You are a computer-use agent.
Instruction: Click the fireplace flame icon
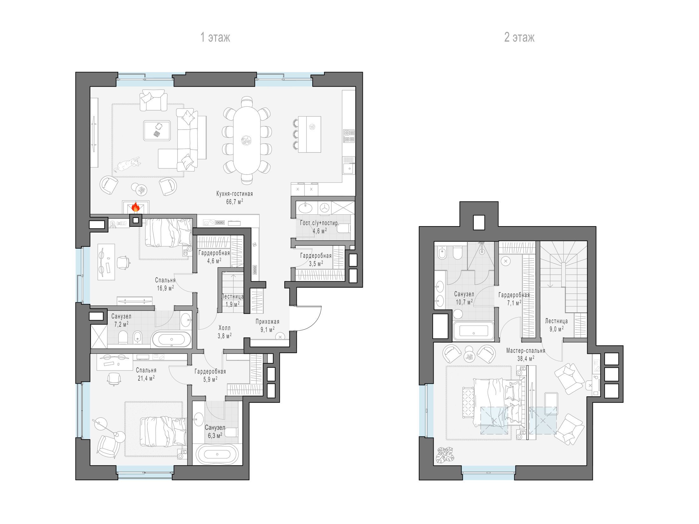[136, 207]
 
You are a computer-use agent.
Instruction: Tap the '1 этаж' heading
[215, 37]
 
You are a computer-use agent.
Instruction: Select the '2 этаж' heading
[519, 37]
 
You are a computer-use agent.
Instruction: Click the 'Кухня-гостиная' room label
[234, 193]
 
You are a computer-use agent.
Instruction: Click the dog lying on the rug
[128, 164]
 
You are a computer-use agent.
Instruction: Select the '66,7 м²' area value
[234, 201]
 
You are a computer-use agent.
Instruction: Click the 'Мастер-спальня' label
[526, 351]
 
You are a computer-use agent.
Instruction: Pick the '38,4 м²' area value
[526, 358]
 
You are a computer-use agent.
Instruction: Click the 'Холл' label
[225, 328]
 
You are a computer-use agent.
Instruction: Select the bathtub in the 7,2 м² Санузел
[172, 340]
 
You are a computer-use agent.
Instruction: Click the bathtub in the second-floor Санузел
[474, 332]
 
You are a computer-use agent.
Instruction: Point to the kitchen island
[309, 134]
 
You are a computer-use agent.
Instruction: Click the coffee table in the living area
[157, 130]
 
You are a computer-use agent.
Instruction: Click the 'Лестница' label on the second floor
[556, 321]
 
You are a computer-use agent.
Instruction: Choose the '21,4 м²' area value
[146, 378]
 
